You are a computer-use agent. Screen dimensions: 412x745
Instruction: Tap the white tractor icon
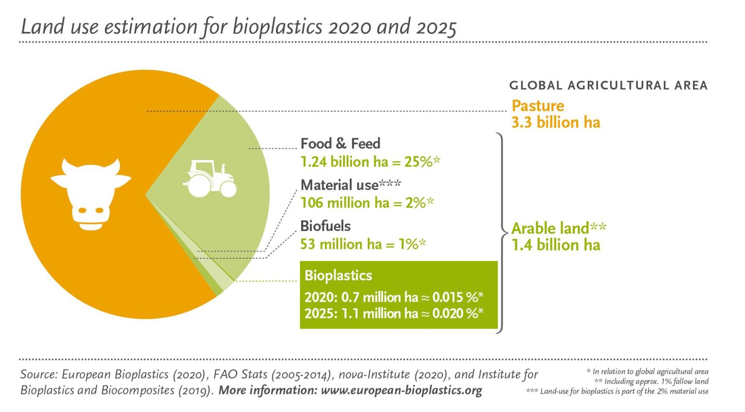[x=210, y=179]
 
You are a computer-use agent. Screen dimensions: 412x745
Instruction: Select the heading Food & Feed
[x=340, y=144]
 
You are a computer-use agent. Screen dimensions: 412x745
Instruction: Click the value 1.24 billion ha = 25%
[x=370, y=162]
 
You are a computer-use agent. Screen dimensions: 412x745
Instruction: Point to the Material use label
[x=350, y=185]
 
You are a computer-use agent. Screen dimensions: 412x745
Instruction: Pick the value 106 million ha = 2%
[x=367, y=203]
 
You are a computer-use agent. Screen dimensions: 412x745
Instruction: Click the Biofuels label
[x=325, y=226]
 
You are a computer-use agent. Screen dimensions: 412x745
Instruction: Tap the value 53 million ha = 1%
[x=362, y=244]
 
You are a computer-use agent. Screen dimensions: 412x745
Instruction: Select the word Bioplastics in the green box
[x=338, y=276]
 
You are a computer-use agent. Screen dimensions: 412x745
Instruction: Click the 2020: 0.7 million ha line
[x=393, y=297]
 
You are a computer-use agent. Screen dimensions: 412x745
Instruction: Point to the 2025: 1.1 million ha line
[x=393, y=313]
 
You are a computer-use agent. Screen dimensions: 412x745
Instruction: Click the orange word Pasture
[x=537, y=106]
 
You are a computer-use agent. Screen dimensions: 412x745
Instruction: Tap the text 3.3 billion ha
[x=555, y=122]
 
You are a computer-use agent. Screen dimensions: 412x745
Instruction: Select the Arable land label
[x=558, y=228]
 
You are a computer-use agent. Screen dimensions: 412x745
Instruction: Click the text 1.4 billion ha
[x=555, y=245]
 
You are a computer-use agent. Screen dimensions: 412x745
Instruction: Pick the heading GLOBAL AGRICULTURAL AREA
[x=608, y=86]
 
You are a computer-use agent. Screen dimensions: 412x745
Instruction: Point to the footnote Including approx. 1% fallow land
[x=651, y=381]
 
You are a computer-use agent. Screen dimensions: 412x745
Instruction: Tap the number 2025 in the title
[x=436, y=27]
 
